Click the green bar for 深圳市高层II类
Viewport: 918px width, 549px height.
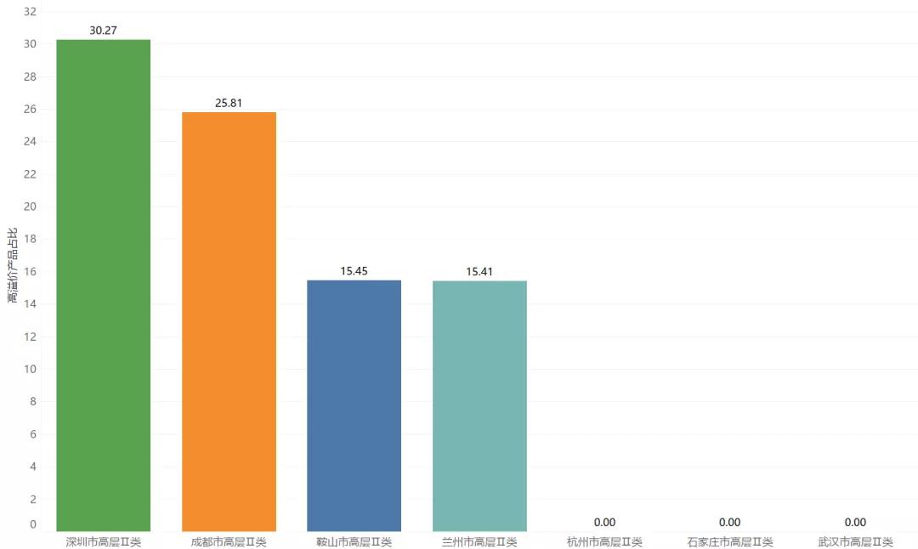tap(103, 285)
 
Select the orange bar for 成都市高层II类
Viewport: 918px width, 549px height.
tap(229, 321)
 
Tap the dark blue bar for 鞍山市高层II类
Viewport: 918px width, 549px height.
tap(354, 405)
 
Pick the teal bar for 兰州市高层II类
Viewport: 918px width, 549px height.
tap(479, 405)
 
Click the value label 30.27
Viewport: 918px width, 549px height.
tap(103, 30)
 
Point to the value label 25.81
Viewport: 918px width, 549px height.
tap(229, 103)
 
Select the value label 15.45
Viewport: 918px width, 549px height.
tap(354, 271)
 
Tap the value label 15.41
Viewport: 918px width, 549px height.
tap(479, 272)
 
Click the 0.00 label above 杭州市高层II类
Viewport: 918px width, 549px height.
tap(604, 522)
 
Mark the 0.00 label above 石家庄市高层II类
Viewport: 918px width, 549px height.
tap(729, 522)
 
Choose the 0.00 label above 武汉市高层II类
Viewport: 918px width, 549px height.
tap(855, 522)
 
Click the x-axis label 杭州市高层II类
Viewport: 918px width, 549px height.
tap(604, 541)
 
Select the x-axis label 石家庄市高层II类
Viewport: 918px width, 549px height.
tap(729, 541)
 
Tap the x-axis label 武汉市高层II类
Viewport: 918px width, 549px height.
tap(855, 541)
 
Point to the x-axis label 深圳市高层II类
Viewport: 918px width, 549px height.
tap(103, 541)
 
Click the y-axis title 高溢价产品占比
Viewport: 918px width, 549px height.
tap(12, 265)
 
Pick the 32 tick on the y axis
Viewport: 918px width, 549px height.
tap(30, 12)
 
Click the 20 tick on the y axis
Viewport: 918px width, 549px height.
tap(30, 207)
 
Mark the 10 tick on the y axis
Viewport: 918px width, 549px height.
tap(30, 369)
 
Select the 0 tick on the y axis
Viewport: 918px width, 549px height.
tap(33, 524)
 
